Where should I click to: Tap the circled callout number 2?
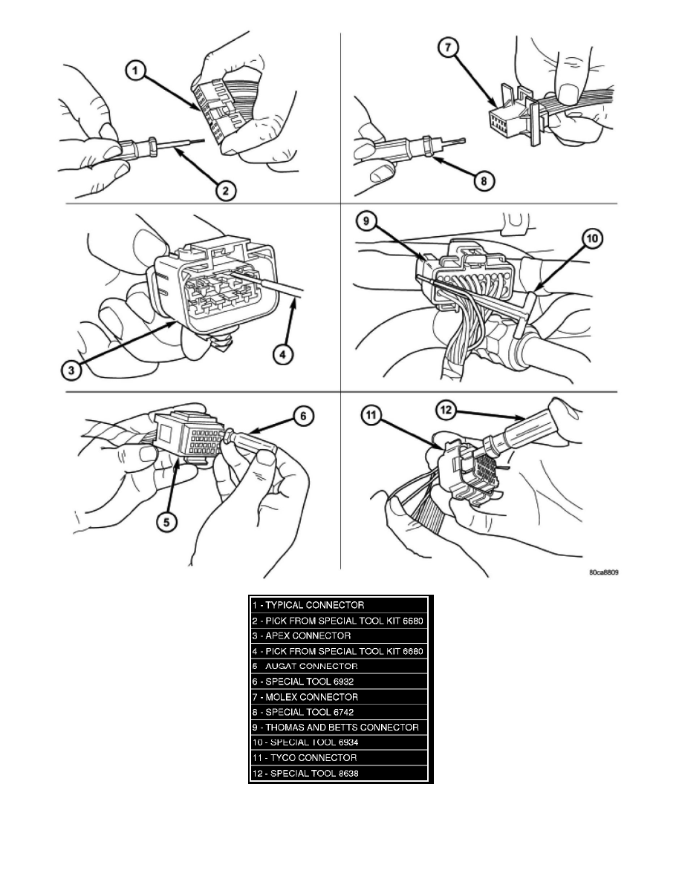coord(226,190)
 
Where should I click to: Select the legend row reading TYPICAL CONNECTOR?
coord(340,605)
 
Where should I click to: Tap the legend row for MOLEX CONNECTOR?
coord(340,697)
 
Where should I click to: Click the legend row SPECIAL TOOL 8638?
coord(340,774)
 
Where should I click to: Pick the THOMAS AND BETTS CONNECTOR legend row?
coord(340,728)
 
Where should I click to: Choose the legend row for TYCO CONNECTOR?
coord(340,758)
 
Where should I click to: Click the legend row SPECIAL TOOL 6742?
coord(340,712)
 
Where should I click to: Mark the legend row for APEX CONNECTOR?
coord(340,636)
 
